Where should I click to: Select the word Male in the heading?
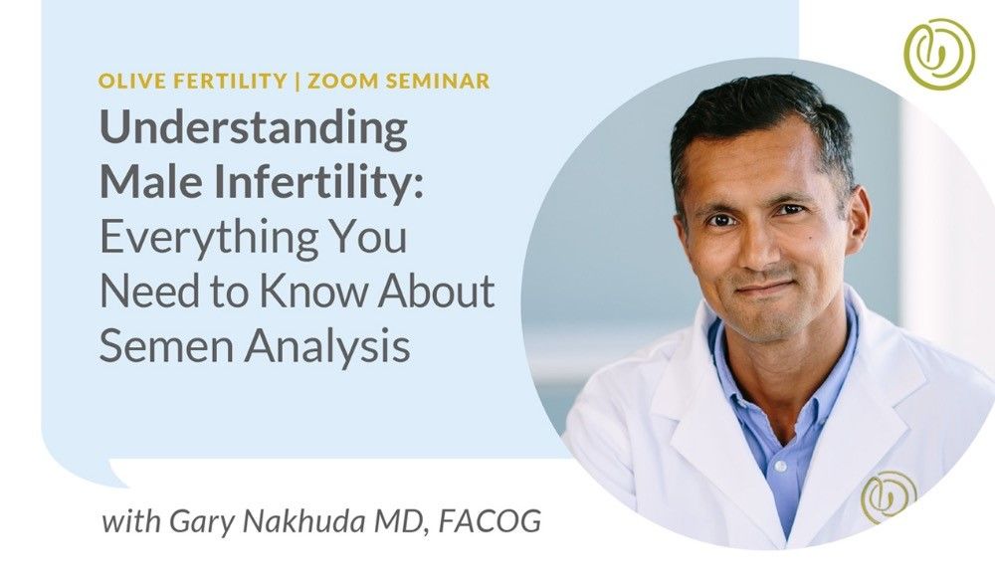point(151,181)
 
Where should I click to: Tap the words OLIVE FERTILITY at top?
point(193,81)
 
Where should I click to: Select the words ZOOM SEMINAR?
point(399,81)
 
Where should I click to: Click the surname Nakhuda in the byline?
point(303,520)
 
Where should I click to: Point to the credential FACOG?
point(490,520)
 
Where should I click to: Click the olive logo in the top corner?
point(939,54)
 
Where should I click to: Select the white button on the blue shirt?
point(781,467)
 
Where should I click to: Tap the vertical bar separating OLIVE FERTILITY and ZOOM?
point(298,82)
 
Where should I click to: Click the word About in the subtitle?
point(437,291)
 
